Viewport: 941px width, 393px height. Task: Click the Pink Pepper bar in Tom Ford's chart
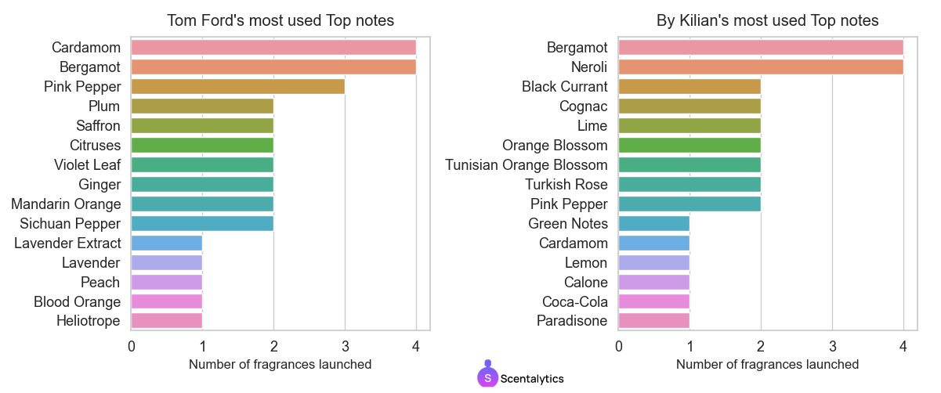(237, 87)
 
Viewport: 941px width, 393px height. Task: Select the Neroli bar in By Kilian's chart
(760, 67)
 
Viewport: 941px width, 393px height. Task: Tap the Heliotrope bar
(166, 321)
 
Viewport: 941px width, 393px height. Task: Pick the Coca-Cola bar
(653, 301)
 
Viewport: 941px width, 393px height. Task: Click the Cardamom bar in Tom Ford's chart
(273, 48)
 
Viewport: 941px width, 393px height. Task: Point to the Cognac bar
(689, 106)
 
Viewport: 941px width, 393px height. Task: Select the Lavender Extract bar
(166, 243)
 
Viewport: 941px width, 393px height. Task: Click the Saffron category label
(98, 126)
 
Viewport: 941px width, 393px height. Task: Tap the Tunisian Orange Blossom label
(527, 165)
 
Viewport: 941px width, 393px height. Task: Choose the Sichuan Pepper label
(71, 224)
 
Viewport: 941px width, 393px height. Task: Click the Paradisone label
(572, 321)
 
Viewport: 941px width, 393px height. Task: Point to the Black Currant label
(565, 87)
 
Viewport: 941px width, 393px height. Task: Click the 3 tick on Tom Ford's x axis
(345, 345)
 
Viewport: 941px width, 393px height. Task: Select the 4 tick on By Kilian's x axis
(903, 345)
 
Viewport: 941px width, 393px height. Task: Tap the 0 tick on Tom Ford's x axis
(131, 345)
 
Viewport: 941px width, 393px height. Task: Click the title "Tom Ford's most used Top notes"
(280, 20)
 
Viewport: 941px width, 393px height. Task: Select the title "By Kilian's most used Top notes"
(767, 20)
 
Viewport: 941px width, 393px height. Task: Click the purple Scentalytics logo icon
(487, 377)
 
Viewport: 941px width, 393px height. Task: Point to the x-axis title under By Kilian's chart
(767, 365)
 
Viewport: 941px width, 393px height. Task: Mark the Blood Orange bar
(166, 301)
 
